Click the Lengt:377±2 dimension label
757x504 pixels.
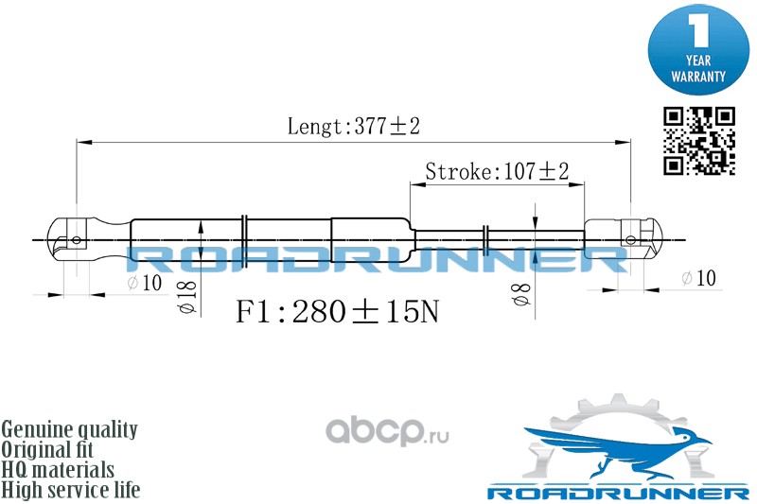[x=352, y=127]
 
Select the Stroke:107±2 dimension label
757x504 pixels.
[x=497, y=171]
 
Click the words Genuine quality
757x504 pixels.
[x=69, y=429]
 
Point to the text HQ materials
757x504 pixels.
[x=58, y=470]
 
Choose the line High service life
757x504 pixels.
[x=71, y=490]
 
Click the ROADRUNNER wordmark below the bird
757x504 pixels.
[x=618, y=494]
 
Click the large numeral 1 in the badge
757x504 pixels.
[x=697, y=30]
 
